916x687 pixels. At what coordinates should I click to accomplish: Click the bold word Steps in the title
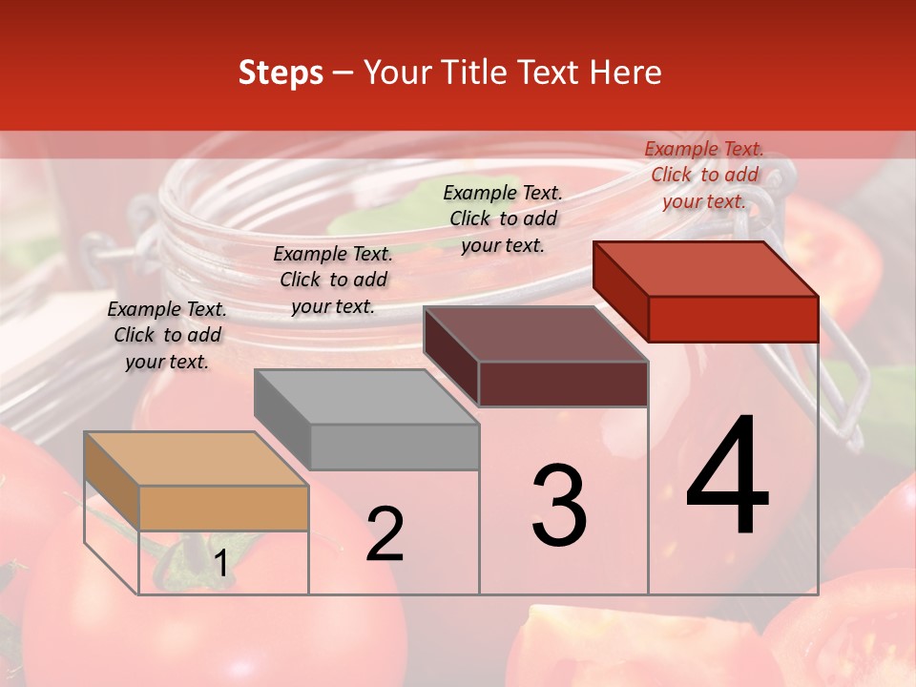(281, 73)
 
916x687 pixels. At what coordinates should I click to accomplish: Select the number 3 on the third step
(559, 505)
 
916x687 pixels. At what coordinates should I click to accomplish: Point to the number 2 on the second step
(385, 534)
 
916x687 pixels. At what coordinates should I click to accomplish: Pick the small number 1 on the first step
(220, 564)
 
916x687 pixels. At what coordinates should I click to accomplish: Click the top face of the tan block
(197, 459)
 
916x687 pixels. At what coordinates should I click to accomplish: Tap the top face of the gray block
(366, 396)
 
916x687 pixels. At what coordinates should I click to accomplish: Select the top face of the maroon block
(536, 334)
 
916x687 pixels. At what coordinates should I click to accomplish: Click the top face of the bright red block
(706, 268)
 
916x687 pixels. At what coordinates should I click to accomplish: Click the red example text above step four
(704, 175)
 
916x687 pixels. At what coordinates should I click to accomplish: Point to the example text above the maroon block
(503, 219)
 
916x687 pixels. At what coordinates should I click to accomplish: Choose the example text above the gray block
(333, 280)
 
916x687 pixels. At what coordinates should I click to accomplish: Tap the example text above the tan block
(167, 335)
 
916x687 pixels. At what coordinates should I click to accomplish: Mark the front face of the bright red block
(733, 319)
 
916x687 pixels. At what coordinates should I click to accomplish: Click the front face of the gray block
(394, 447)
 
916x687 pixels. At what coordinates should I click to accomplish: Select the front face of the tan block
(223, 508)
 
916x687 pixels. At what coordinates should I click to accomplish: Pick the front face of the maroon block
(563, 384)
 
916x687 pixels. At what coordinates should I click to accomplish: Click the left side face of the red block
(620, 291)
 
